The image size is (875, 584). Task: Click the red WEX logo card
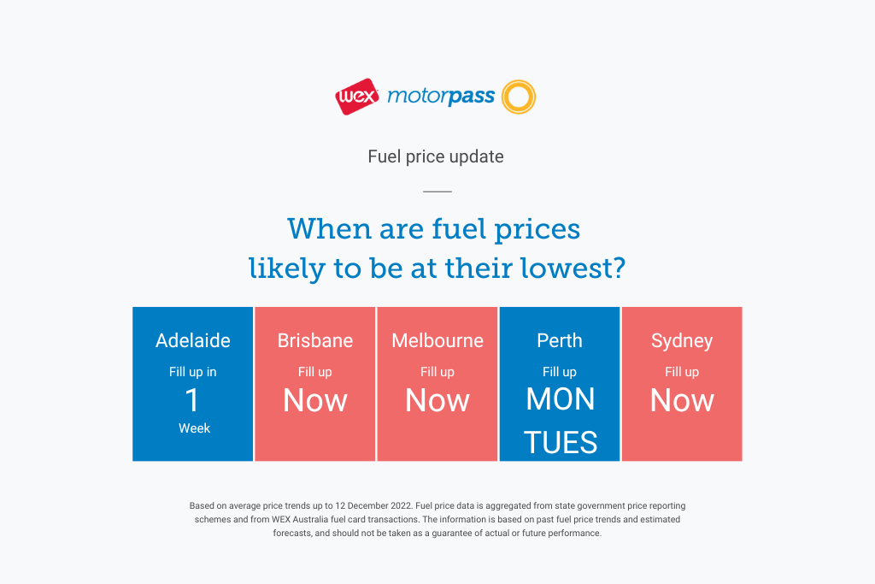click(356, 97)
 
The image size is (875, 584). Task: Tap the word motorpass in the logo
click(441, 97)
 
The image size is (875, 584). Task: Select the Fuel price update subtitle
click(436, 156)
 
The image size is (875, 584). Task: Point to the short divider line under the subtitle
click(437, 192)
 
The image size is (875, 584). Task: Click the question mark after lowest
click(619, 268)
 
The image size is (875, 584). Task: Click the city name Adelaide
click(193, 340)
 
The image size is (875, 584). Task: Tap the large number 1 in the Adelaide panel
click(192, 400)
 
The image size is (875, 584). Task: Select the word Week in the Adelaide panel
click(194, 428)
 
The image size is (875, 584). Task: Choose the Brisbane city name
click(315, 340)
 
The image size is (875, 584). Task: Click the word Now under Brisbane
click(315, 400)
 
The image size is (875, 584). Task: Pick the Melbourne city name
click(437, 340)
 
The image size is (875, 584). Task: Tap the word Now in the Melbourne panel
click(437, 400)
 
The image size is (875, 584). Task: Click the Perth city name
click(560, 340)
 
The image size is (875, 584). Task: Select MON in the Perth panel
click(561, 399)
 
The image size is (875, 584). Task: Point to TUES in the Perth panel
click(561, 442)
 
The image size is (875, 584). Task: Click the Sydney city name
click(682, 341)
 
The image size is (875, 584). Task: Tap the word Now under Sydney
click(682, 400)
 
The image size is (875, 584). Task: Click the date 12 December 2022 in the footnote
click(373, 506)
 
